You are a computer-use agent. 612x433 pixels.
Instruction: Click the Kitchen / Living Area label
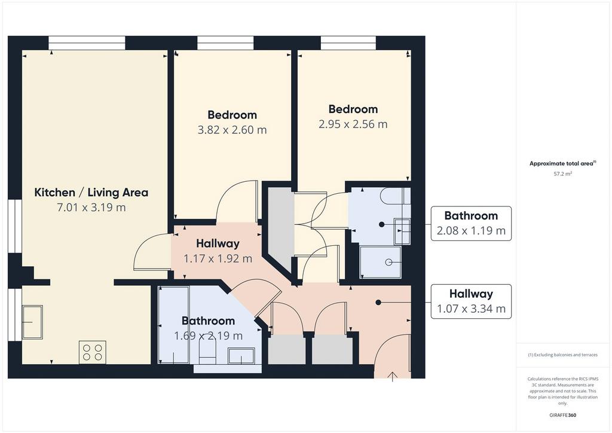[x=91, y=193]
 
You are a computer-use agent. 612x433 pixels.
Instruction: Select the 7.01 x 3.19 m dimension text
[x=91, y=208]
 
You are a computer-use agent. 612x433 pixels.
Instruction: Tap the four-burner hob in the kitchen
[x=93, y=353]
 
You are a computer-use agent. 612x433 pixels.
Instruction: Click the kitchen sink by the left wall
[x=32, y=322]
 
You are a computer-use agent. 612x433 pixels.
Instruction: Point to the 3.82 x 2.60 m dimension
[x=232, y=130]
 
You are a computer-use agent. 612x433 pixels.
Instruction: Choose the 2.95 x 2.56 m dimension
[x=353, y=124]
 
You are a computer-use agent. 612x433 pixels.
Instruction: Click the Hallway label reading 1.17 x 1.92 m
[x=218, y=251]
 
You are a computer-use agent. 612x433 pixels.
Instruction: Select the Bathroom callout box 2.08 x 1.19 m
[x=471, y=223]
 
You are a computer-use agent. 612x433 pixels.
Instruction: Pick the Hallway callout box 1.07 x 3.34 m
[x=471, y=301]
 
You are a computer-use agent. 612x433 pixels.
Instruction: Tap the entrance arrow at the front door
[x=393, y=377]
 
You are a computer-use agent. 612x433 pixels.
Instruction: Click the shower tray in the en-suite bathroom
[x=380, y=262]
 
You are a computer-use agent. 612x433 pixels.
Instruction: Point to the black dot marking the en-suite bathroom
[x=382, y=224]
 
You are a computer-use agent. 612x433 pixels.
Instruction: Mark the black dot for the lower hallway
[x=378, y=302]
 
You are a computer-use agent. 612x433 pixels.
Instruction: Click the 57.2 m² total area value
[x=563, y=174]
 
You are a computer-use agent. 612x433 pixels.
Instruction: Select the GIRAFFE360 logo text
[x=563, y=415]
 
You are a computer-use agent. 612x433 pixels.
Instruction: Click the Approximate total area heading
[x=562, y=164]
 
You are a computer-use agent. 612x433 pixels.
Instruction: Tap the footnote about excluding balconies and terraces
[x=563, y=355]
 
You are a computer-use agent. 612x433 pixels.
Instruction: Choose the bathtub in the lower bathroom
[x=175, y=325]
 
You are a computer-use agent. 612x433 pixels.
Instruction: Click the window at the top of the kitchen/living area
[x=87, y=43]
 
